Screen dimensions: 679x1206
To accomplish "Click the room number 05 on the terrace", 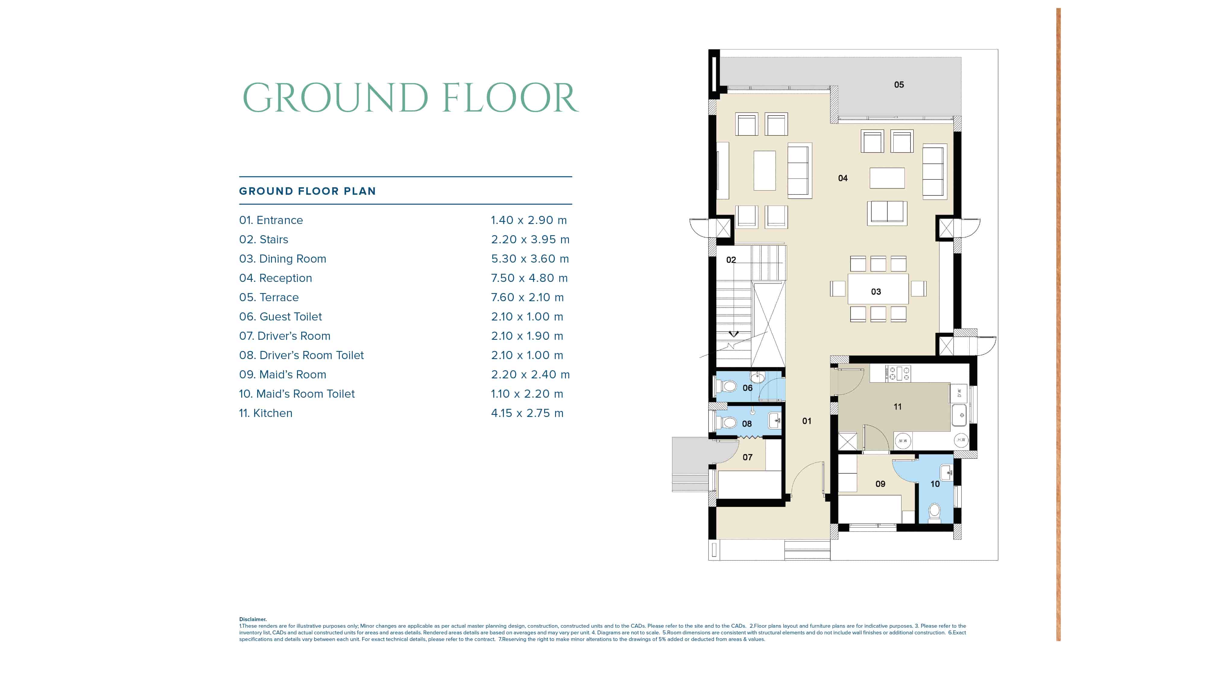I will point(898,85).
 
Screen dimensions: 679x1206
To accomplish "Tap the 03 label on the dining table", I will point(876,292).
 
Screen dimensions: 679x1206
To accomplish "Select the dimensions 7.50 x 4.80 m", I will point(529,278).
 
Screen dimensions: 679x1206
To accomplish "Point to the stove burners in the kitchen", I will point(897,373).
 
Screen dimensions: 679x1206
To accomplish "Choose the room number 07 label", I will point(747,457).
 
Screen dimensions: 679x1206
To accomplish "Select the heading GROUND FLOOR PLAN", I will point(307,191).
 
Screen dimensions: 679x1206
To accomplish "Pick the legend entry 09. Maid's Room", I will point(282,374).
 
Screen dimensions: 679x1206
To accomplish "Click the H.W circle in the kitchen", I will point(961,440).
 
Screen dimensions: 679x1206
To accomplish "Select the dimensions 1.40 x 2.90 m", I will point(529,220).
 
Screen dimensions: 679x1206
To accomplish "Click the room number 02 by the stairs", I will point(731,260).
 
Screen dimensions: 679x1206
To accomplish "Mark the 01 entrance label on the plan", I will point(806,421).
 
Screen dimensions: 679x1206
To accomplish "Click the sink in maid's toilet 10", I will point(946,472).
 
